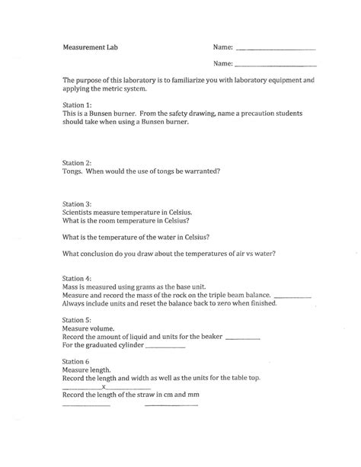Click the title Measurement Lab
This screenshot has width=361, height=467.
tap(91, 47)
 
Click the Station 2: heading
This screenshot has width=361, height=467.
tap(78, 162)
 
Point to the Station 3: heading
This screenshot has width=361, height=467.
tap(78, 203)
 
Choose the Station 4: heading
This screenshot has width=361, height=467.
tap(78, 279)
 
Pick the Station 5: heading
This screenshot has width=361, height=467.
tap(78, 321)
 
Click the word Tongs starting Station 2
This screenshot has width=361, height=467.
tap(73, 171)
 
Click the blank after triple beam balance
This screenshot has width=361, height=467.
tap(292, 296)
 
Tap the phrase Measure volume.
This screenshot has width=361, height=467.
tap(88, 330)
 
